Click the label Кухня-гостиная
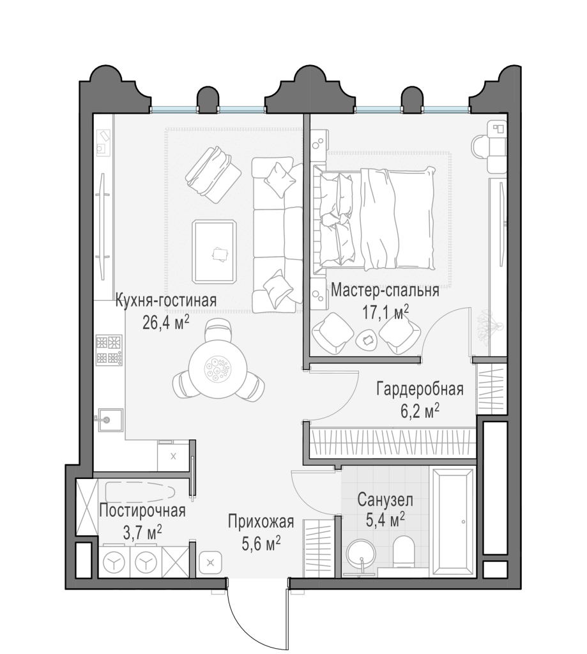[x=166, y=301]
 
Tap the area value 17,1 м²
[x=383, y=313]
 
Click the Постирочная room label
[x=142, y=510]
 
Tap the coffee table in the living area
[x=215, y=251]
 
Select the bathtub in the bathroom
[x=453, y=521]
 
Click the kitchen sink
[x=106, y=420]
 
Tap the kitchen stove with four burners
[x=108, y=350]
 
